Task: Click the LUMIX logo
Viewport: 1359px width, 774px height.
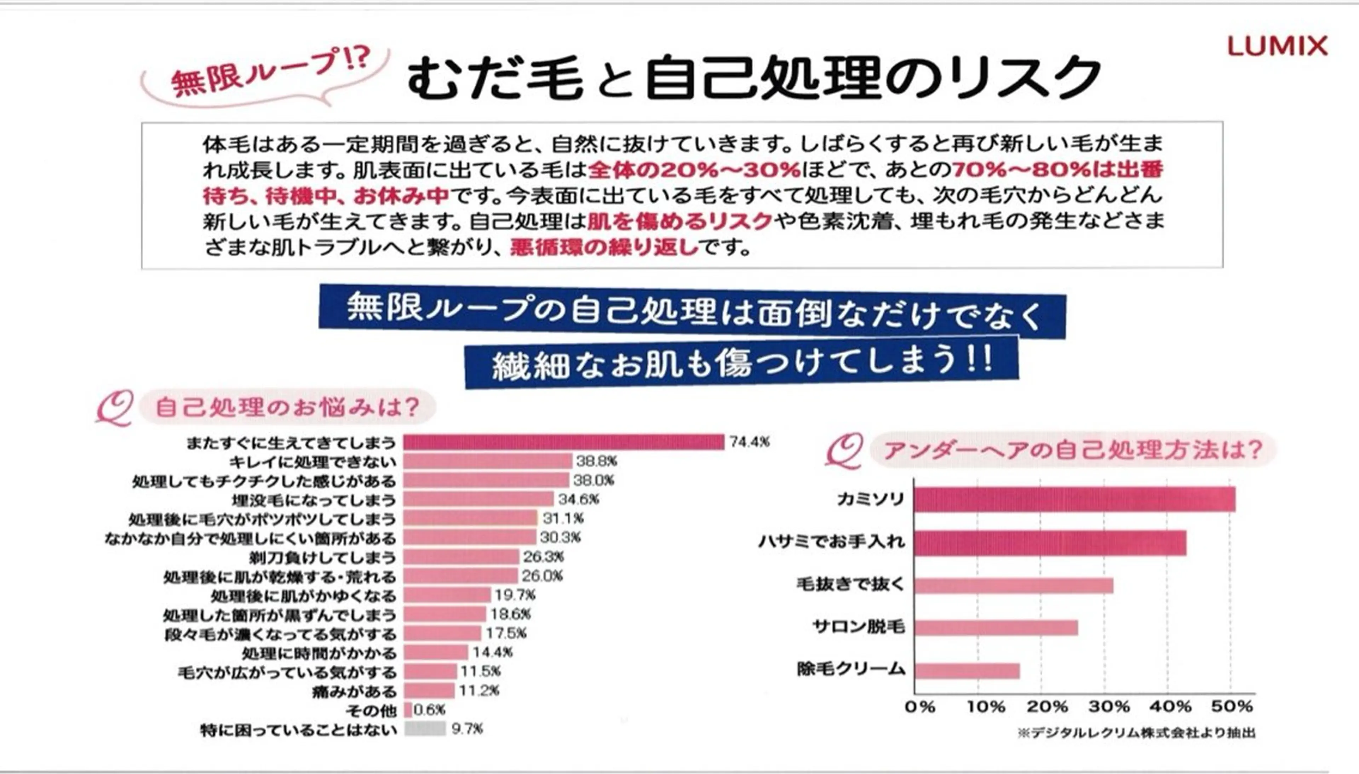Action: click(x=1277, y=46)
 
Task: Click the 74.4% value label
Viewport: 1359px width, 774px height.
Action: click(x=749, y=442)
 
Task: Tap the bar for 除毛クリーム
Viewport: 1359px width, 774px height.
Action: click(x=967, y=671)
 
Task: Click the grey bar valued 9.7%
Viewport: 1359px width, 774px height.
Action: click(x=425, y=729)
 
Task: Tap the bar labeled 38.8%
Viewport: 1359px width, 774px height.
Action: click(x=487, y=461)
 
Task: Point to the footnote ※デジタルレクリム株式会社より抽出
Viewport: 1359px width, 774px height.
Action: click(x=1136, y=733)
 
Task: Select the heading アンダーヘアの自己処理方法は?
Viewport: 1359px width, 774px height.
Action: click(x=1072, y=450)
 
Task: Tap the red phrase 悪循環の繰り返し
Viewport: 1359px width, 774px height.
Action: click(x=604, y=247)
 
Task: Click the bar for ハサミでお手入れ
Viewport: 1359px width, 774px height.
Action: click(x=1050, y=543)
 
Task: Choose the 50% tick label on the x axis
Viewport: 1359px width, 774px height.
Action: click(x=1232, y=707)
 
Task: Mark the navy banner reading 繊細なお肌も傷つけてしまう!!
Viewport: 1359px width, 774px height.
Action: click(x=741, y=362)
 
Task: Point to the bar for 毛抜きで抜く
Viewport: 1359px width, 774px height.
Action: click(x=1014, y=585)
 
